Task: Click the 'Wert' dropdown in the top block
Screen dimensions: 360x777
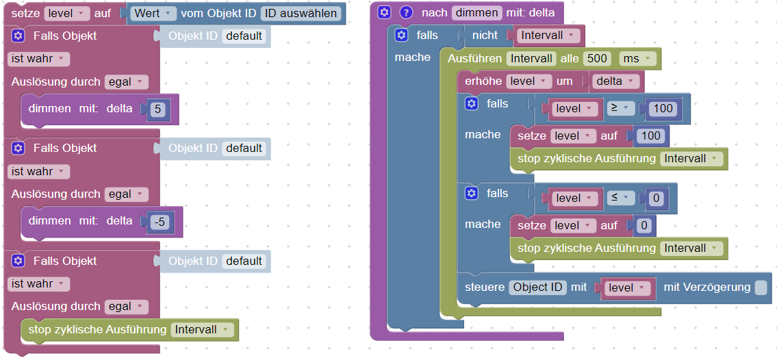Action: [x=153, y=13]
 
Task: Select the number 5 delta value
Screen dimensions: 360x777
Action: [x=157, y=109]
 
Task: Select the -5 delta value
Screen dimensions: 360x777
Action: [x=160, y=221]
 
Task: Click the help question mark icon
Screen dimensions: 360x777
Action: [x=406, y=12]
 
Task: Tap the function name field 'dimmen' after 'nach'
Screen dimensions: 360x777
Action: [x=476, y=12]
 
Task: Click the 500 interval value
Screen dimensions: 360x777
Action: [x=597, y=59]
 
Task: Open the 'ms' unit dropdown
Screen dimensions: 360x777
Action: [x=637, y=59]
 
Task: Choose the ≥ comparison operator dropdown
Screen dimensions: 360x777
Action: [x=620, y=108]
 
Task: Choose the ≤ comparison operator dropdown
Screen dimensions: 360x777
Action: [x=620, y=198]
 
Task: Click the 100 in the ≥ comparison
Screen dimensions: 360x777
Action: [x=663, y=108]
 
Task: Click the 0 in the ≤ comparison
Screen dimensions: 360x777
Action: [x=655, y=198]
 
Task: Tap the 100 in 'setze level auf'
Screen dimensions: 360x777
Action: [x=650, y=136]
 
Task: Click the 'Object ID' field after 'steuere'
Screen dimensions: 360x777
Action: [x=537, y=287]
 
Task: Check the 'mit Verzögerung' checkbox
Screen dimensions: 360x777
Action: [x=761, y=288]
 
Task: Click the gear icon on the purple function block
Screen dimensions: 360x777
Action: [x=385, y=12]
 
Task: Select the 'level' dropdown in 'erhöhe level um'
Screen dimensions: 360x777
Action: [x=528, y=81]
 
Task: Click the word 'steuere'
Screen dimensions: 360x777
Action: [x=484, y=287]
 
